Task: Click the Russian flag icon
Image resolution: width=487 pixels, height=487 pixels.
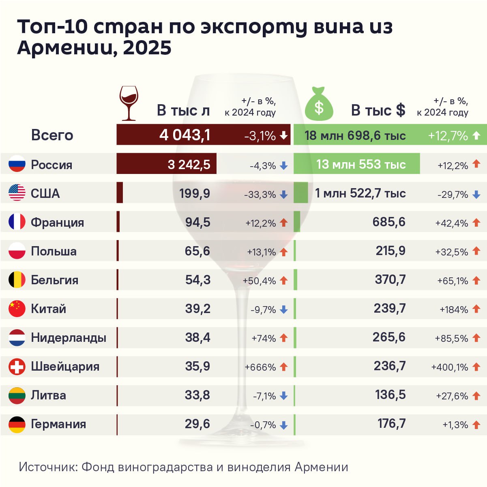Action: click(x=17, y=164)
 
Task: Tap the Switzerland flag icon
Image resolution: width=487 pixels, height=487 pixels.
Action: click(x=17, y=367)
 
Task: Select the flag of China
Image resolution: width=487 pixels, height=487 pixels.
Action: click(x=17, y=309)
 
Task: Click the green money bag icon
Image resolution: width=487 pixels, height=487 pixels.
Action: click(x=319, y=105)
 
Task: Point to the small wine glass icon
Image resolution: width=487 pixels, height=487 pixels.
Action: click(x=129, y=103)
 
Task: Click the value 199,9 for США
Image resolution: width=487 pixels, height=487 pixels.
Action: click(x=195, y=194)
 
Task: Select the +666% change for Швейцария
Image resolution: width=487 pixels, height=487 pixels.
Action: click(x=260, y=367)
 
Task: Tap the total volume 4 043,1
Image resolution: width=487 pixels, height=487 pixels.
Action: click(x=185, y=135)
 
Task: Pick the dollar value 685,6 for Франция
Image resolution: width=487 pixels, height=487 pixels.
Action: click(x=389, y=222)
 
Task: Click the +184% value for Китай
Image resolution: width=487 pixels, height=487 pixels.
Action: click(x=454, y=310)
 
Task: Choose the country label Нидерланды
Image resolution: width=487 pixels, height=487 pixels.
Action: click(x=69, y=338)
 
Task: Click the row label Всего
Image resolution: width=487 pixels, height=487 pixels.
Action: click(x=52, y=135)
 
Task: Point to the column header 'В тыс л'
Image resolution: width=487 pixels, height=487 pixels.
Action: click(x=183, y=110)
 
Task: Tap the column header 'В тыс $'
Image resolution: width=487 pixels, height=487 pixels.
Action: click(x=378, y=110)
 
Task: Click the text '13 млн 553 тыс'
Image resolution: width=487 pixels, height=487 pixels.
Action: click(x=361, y=164)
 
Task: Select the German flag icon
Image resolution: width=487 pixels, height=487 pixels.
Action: click(x=17, y=424)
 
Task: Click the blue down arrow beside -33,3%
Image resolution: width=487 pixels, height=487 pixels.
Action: click(x=284, y=195)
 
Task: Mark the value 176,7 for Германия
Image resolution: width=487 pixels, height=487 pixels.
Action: click(x=391, y=424)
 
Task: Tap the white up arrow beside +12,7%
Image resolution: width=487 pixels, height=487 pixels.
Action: click(x=477, y=135)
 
